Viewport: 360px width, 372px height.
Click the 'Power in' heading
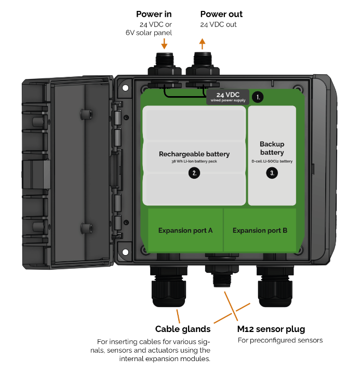[x=154, y=14]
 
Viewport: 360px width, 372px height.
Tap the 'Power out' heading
[x=221, y=14]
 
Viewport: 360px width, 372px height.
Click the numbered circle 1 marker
[x=258, y=97]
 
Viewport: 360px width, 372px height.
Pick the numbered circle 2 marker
[x=194, y=174]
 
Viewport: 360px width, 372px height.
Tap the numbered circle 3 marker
[x=272, y=174]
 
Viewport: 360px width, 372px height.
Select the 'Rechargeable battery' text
[x=194, y=154]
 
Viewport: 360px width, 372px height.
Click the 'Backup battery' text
[x=272, y=148]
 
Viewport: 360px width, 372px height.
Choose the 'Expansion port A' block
[x=185, y=230]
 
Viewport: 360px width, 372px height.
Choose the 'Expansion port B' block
[x=260, y=230]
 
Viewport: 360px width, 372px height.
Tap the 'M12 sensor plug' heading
[x=271, y=329]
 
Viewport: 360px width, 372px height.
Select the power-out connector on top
[x=202, y=65]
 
